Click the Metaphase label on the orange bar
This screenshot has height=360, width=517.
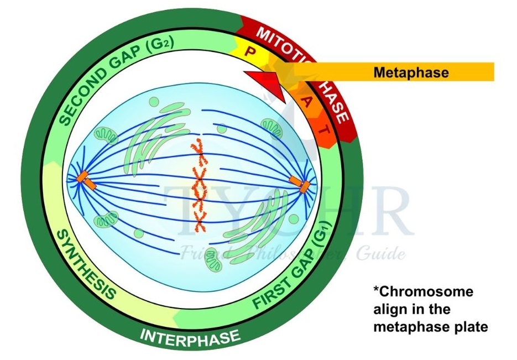[410, 72]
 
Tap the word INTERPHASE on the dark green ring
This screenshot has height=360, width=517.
[190, 335]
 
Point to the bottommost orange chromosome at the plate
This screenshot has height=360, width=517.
[199, 223]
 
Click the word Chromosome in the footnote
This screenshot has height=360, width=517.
[424, 291]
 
